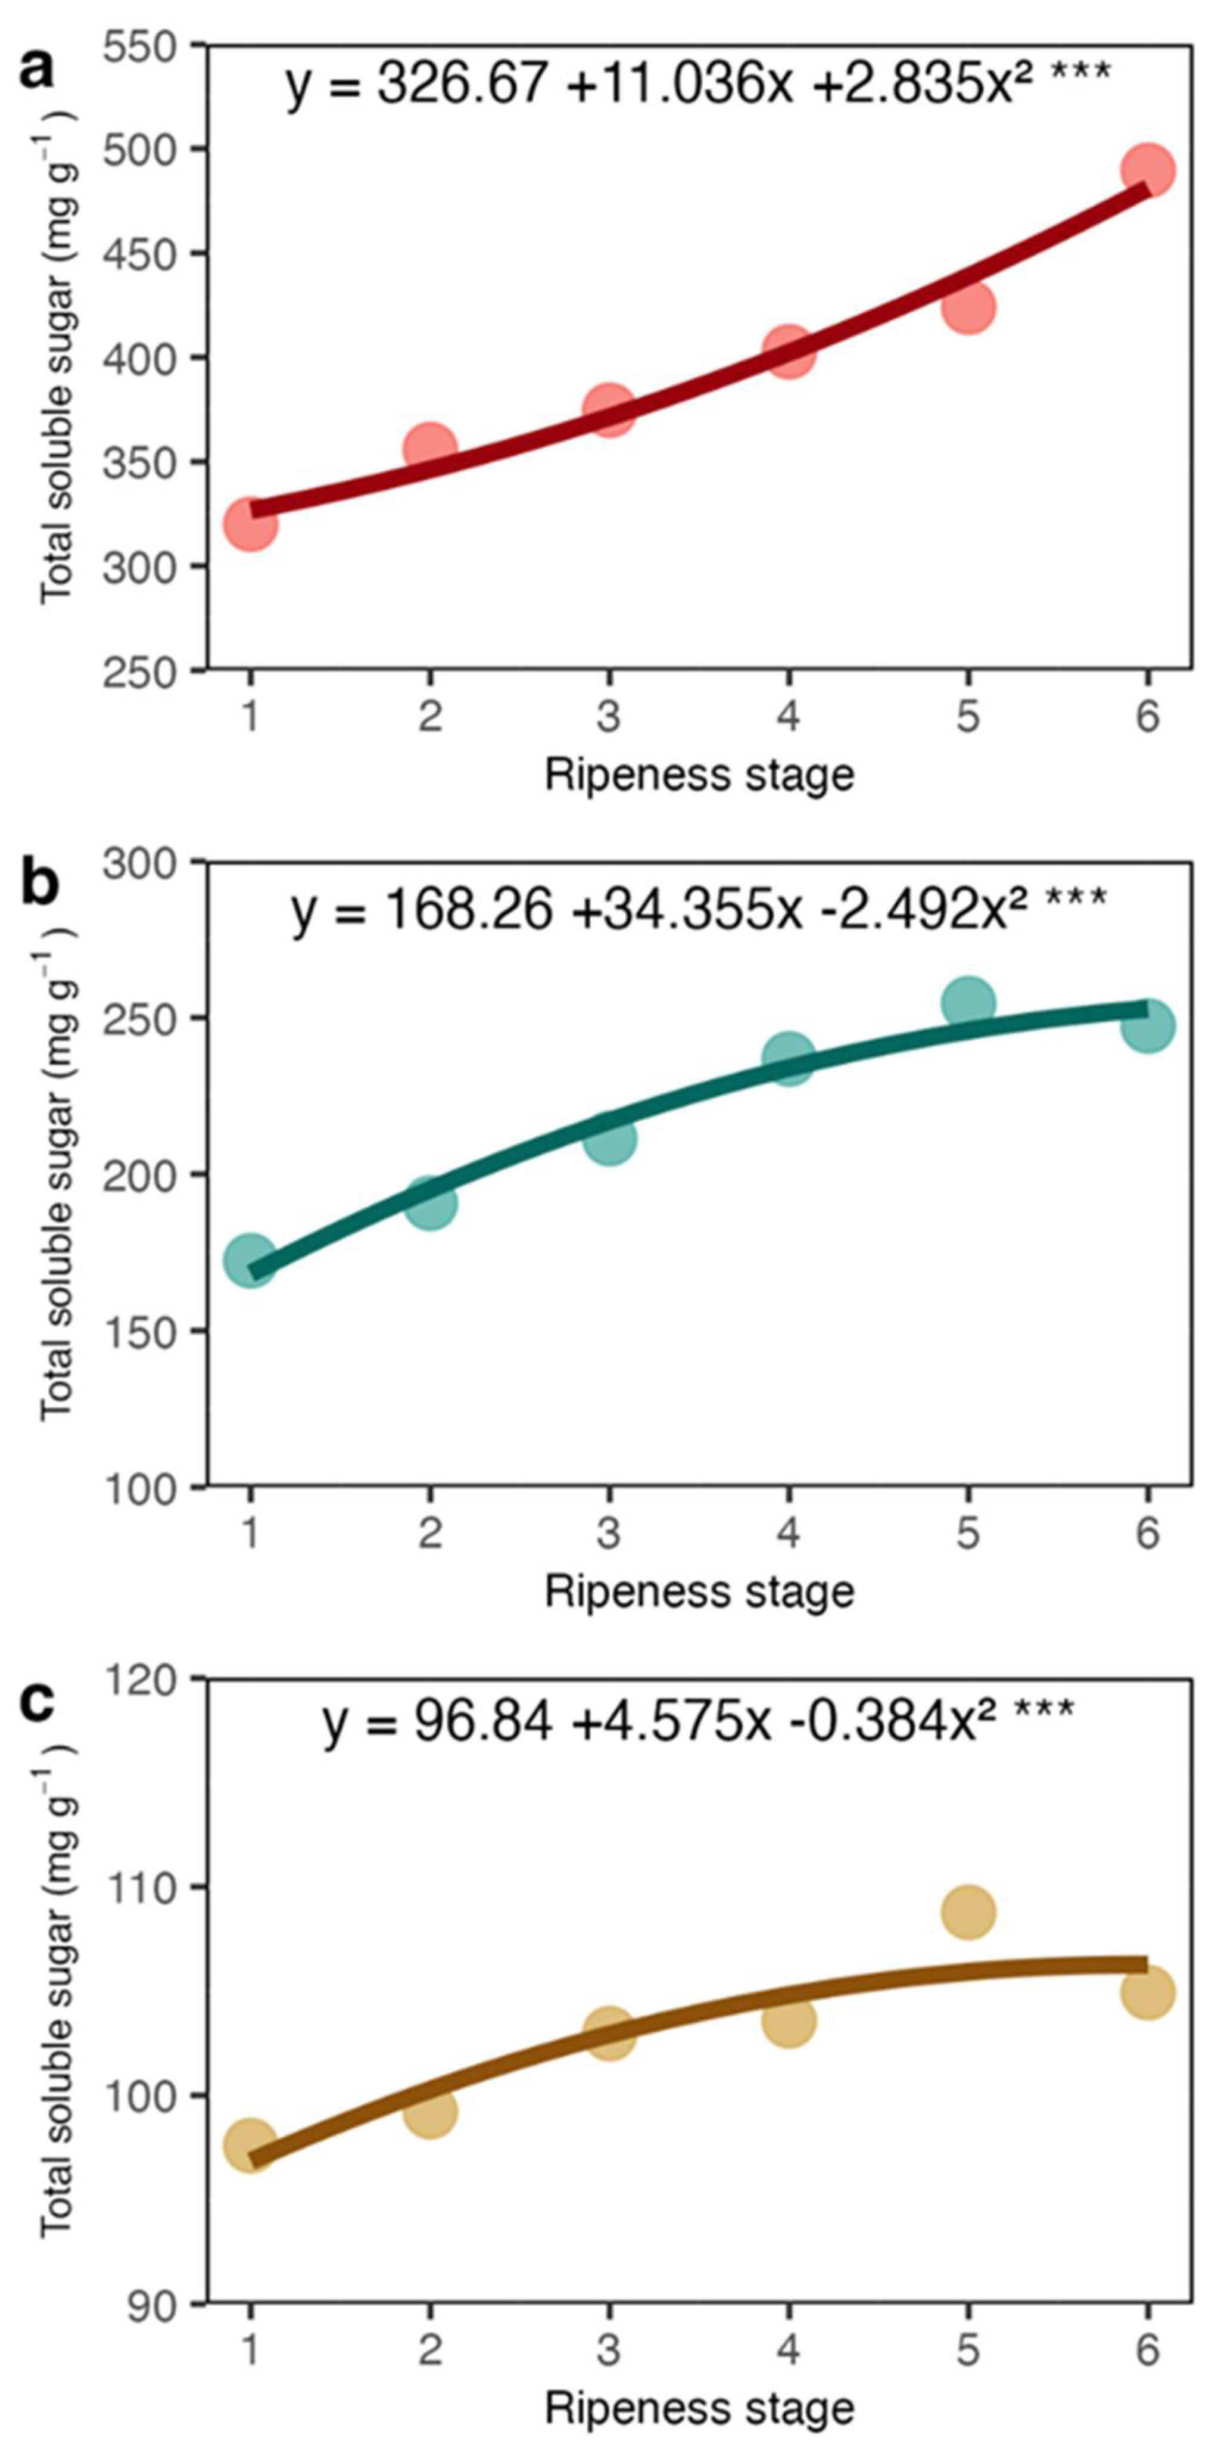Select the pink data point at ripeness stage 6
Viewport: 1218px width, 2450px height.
tap(1148, 171)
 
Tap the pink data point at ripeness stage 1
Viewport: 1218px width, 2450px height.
tap(251, 523)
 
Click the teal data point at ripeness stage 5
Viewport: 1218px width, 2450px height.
tap(968, 1003)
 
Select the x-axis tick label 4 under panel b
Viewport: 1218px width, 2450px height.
tap(788, 1533)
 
